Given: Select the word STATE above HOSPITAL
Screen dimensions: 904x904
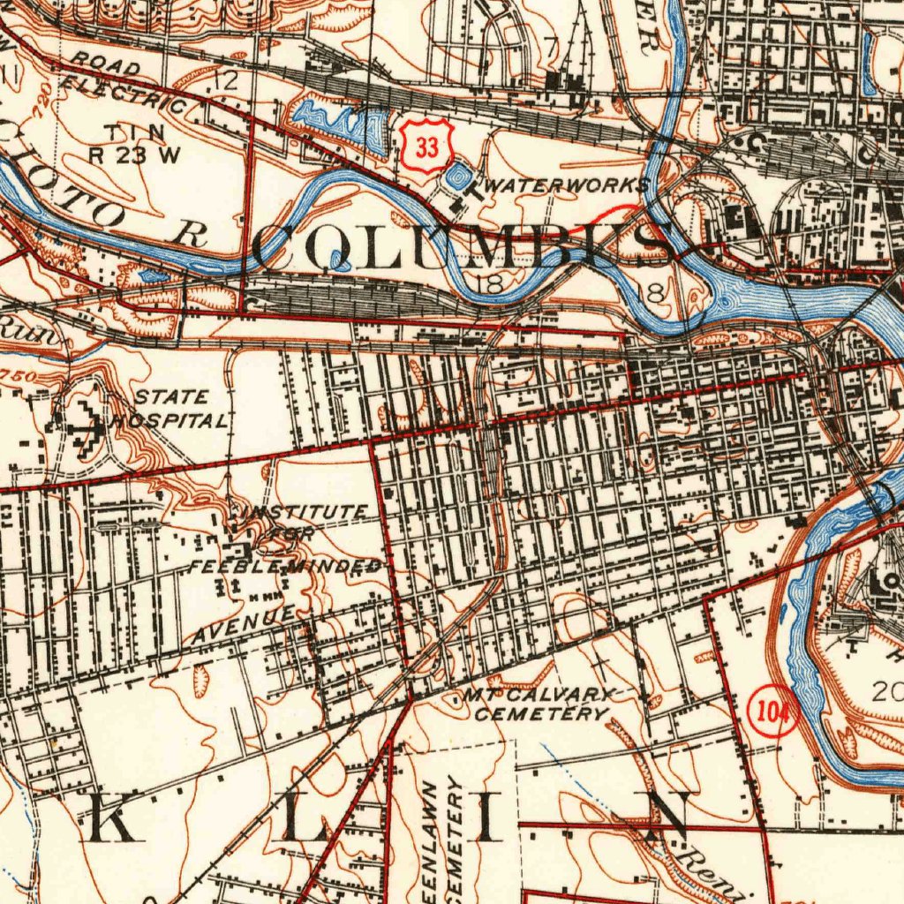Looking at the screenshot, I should click(172, 397).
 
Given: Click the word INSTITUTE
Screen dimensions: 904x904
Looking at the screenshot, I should click(305, 512).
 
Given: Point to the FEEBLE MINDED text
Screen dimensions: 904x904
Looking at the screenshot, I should click(286, 566).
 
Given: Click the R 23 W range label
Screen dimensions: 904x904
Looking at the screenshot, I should click(134, 154).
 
